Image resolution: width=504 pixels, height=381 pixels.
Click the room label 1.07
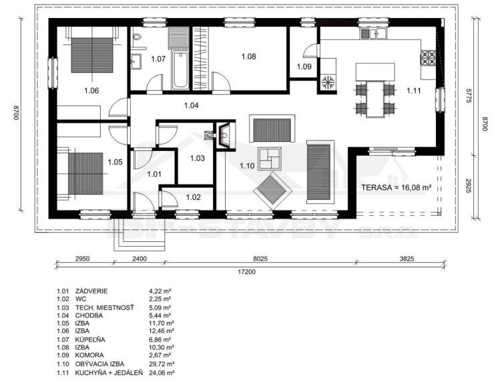click(158, 59)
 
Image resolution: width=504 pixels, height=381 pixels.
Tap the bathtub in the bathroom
click(180, 70)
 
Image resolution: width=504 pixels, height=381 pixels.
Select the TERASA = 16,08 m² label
click(396, 188)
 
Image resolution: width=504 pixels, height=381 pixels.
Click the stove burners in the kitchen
click(428, 58)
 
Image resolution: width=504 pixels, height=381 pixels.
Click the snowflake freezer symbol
click(328, 82)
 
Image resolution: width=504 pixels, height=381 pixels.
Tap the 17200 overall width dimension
click(246, 272)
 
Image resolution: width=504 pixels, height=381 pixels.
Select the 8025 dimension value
click(261, 259)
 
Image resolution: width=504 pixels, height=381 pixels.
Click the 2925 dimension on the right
click(468, 186)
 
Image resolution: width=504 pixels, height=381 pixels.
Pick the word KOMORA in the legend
click(89, 355)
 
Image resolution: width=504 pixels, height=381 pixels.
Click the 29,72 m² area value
click(162, 364)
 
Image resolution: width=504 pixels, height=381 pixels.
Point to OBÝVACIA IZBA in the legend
click(99, 364)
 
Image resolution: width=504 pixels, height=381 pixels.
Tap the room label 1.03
click(198, 158)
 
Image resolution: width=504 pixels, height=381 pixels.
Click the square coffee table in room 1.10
click(270, 158)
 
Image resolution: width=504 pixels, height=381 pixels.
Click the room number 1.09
click(304, 67)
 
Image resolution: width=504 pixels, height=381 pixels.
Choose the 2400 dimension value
click(140, 259)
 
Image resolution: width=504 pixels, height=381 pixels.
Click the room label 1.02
click(194, 197)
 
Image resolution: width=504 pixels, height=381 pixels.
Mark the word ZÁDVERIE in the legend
click(91, 291)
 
